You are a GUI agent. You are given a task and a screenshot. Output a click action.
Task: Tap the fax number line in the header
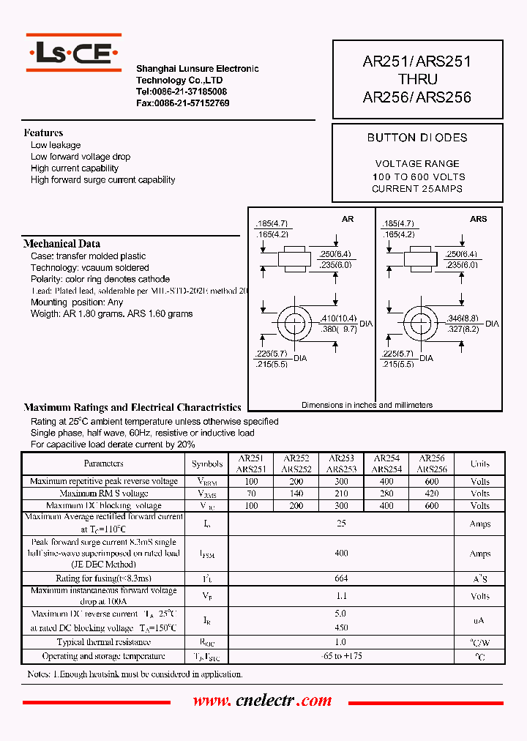click(x=183, y=103)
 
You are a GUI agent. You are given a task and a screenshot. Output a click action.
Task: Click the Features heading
click(x=43, y=133)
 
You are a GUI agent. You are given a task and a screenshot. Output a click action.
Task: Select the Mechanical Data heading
click(x=61, y=244)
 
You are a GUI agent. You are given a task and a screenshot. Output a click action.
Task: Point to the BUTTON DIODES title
click(x=417, y=138)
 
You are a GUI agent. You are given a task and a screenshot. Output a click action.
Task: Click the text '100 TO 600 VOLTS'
click(x=418, y=176)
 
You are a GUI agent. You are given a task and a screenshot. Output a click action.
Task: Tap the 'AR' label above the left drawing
click(x=348, y=219)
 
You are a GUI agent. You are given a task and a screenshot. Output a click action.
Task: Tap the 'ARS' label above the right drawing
click(x=478, y=219)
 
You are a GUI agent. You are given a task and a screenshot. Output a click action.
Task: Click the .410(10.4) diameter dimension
click(x=338, y=319)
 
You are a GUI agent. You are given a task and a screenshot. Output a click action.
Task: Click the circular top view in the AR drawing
click(x=296, y=324)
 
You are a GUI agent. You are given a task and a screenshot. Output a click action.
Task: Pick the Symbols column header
click(x=207, y=463)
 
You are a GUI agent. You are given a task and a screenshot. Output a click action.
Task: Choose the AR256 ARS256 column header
click(x=432, y=463)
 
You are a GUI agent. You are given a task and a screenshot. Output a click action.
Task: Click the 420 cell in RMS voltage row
click(x=432, y=494)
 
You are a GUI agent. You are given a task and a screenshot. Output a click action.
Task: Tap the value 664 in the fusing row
click(x=341, y=578)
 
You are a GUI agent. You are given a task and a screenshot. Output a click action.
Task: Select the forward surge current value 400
click(x=341, y=554)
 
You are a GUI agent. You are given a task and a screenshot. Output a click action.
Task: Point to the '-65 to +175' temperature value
click(x=341, y=656)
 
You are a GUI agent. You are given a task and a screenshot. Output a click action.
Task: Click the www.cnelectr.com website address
click(x=262, y=701)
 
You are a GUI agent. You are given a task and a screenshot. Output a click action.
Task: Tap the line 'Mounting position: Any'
click(x=77, y=302)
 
